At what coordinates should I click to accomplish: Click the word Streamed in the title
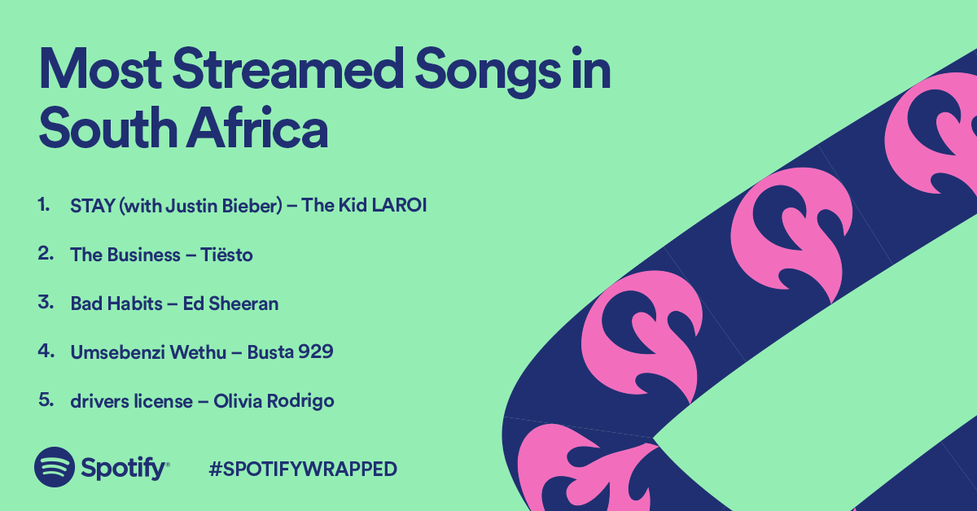point(288,69)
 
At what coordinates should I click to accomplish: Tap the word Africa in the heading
point(257,128)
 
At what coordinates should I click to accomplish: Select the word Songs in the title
point(488,72)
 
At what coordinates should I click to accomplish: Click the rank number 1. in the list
point(44,204)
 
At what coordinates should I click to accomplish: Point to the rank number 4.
point(46,351)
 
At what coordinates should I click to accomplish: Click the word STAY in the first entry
point(93,205)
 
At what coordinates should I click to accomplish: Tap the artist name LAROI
point(399,205)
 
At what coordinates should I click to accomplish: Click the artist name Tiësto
point(226,254)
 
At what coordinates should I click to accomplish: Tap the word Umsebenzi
point(117,352)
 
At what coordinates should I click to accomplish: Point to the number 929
point(315,352)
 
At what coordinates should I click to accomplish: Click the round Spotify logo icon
point(55,467)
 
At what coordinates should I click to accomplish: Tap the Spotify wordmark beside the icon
point(125,470)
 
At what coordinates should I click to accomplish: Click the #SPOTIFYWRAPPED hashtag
point(303,469)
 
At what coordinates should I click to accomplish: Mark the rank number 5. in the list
point(46,400)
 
